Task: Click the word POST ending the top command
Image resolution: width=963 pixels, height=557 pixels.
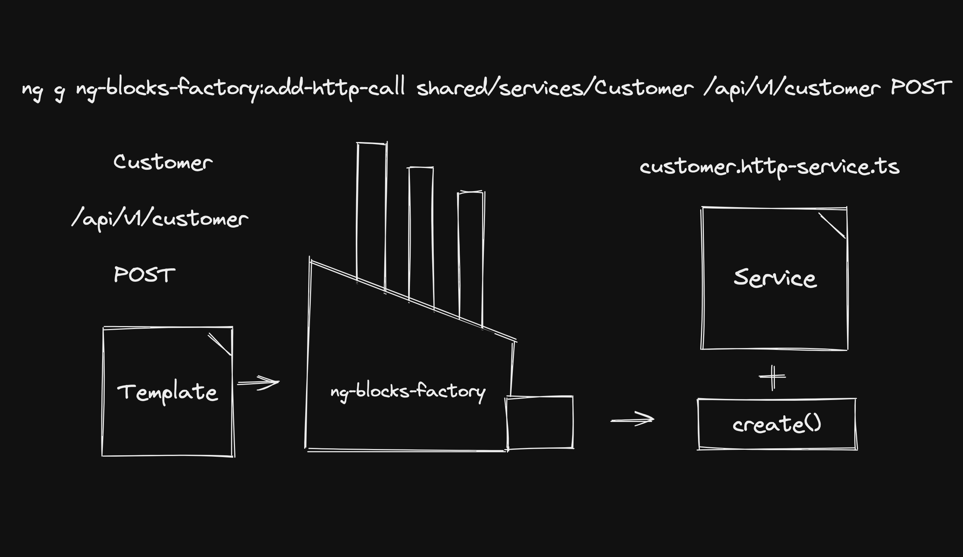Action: [x=921, y=87]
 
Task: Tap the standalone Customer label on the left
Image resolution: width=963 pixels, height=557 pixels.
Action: [x=163, y=162]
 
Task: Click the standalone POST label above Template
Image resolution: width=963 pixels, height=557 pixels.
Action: [x=145, y=275]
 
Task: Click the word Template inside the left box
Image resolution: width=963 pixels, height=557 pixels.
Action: [x=167, y=392]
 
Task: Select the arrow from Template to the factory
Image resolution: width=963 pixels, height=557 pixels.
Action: [x=258, y=382]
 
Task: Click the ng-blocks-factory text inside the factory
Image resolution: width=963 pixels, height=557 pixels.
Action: [x=408, y=391]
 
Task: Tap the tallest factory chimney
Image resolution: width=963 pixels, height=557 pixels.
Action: [x=371, y=214]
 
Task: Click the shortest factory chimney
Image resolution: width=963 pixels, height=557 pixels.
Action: [x=471, y=256]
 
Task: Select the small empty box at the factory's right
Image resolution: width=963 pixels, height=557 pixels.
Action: [x=540, y=422]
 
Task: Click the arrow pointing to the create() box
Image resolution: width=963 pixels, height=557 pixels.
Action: [x=632, y=419]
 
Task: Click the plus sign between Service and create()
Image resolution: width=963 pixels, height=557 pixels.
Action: [x=772, y=377]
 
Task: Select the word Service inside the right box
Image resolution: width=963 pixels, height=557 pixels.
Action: [x=775, y=278]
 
